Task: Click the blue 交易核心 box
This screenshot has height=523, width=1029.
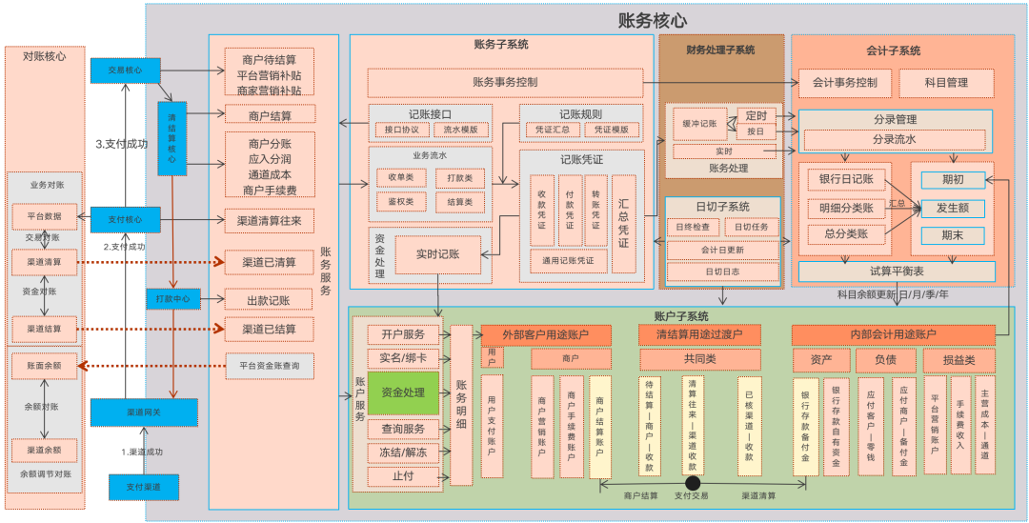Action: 125,70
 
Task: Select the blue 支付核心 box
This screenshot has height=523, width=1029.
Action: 125,220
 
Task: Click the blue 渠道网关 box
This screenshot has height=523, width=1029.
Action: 144,412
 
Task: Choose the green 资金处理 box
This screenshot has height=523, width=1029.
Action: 403,392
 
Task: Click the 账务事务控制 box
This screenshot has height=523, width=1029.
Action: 505,82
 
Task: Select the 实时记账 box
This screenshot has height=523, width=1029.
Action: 437,254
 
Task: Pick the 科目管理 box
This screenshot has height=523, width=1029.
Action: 946,83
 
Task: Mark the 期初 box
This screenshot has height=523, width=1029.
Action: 952,179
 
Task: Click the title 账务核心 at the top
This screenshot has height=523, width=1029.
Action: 653,20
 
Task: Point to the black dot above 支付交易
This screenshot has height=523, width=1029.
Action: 693,483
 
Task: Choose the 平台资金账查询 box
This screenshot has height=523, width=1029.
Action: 270,365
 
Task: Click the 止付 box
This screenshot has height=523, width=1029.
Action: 403,475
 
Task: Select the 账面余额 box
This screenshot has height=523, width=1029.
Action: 45,365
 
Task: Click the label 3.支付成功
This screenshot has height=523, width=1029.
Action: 122,145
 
